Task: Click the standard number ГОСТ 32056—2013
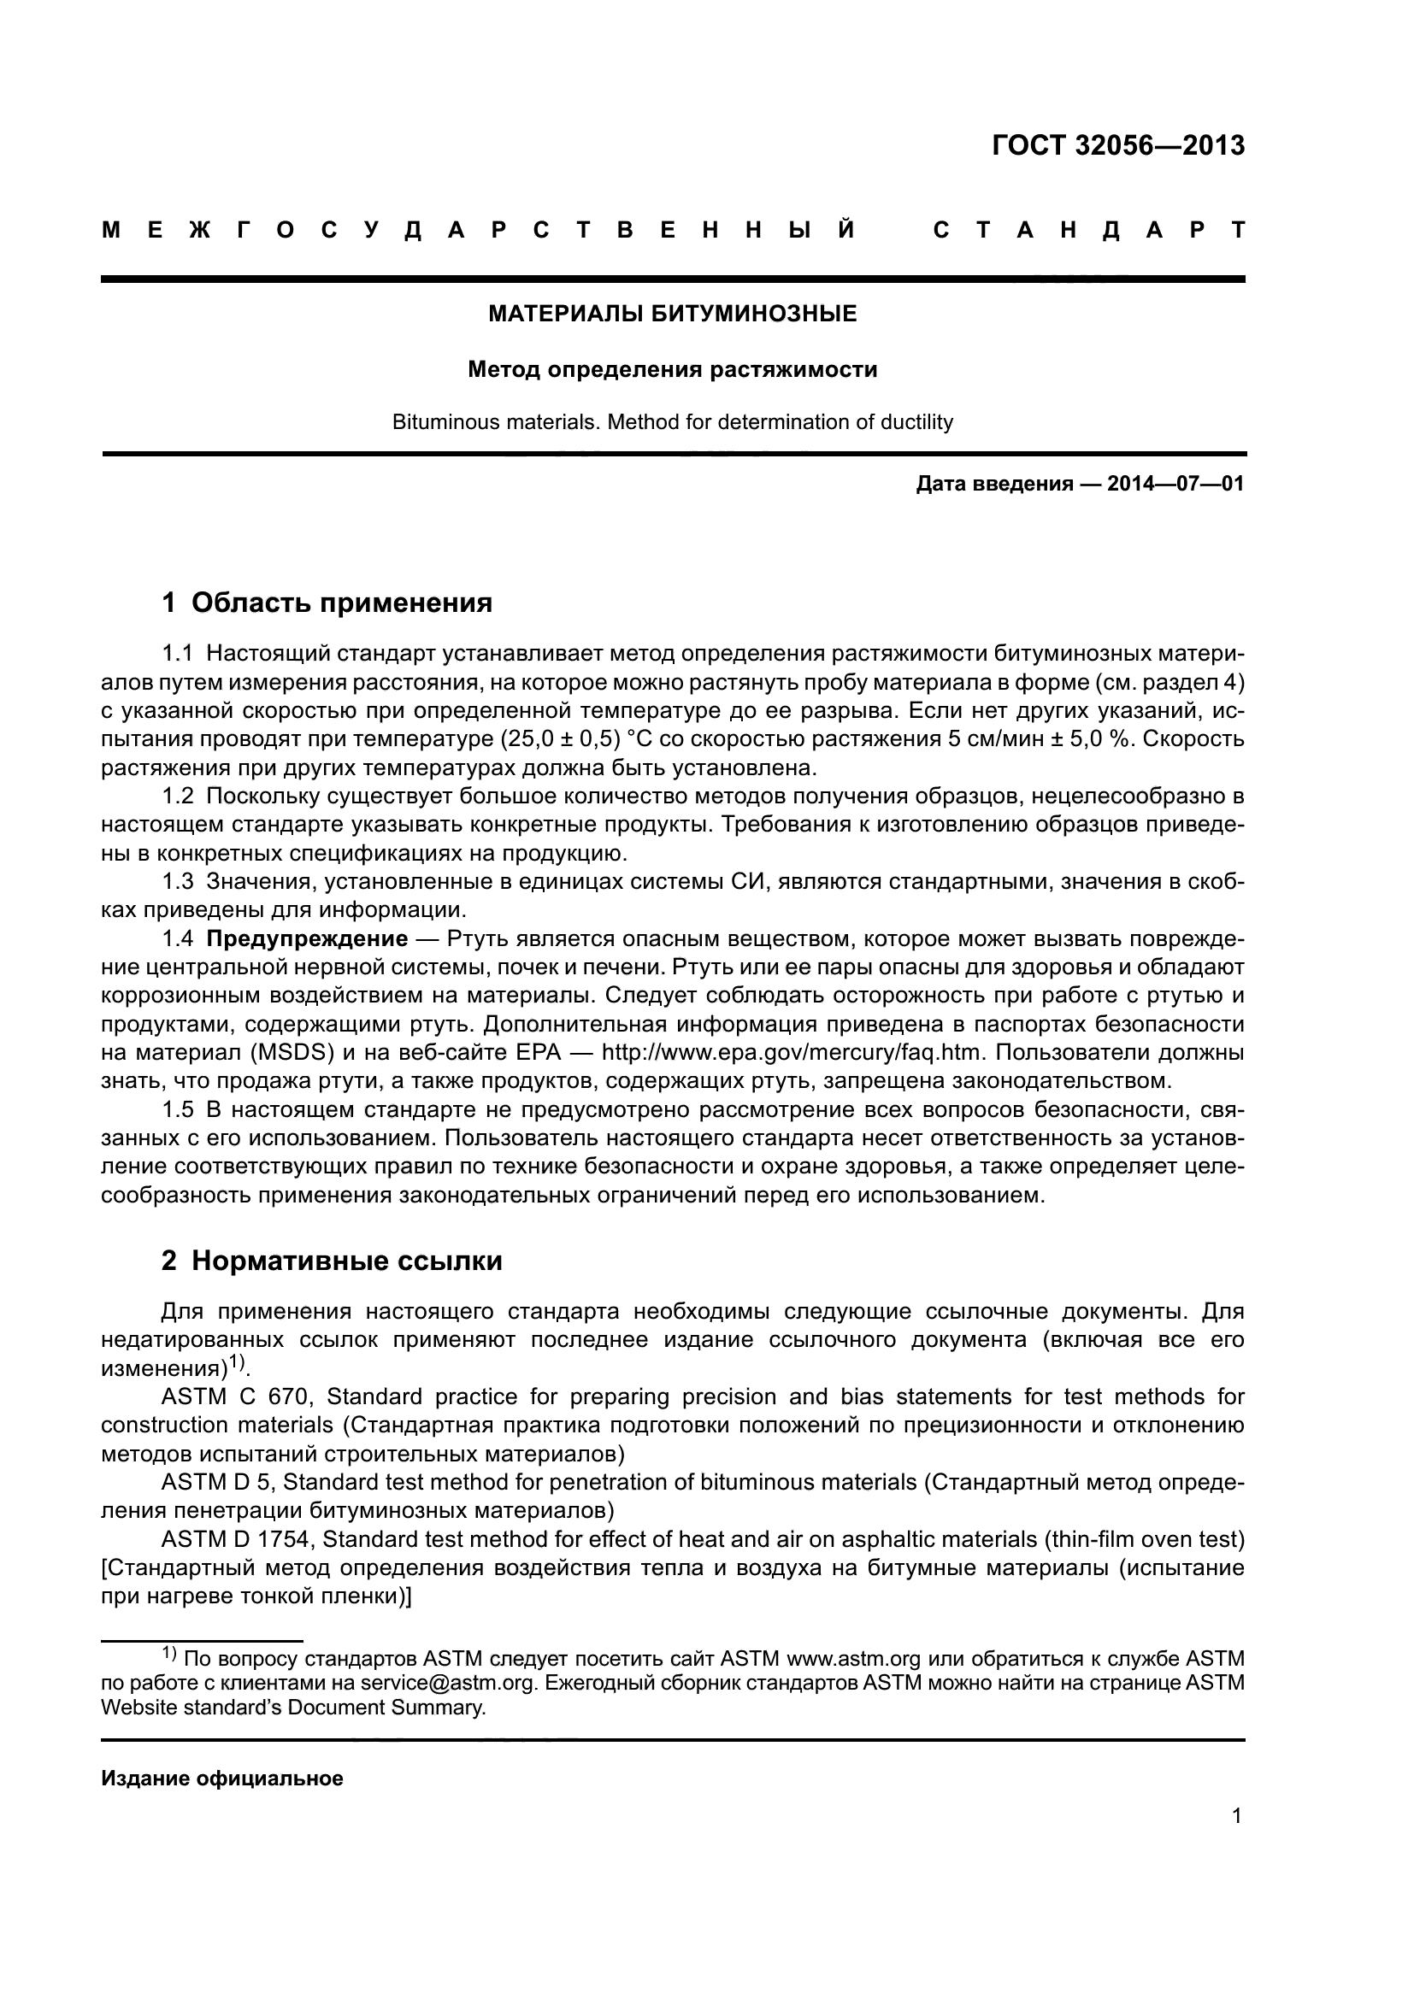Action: [1118, 144]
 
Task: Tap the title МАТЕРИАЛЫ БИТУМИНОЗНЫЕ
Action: [672, 314]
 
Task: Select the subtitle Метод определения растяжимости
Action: [672, 370]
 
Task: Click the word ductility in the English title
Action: [916, 422]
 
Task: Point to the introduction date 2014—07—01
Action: [1175, 484]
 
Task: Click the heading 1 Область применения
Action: [327, 603]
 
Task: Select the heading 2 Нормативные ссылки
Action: [332, 1261]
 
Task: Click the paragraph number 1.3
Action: [178, 882]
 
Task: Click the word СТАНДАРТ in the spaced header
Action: [1088, 230]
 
